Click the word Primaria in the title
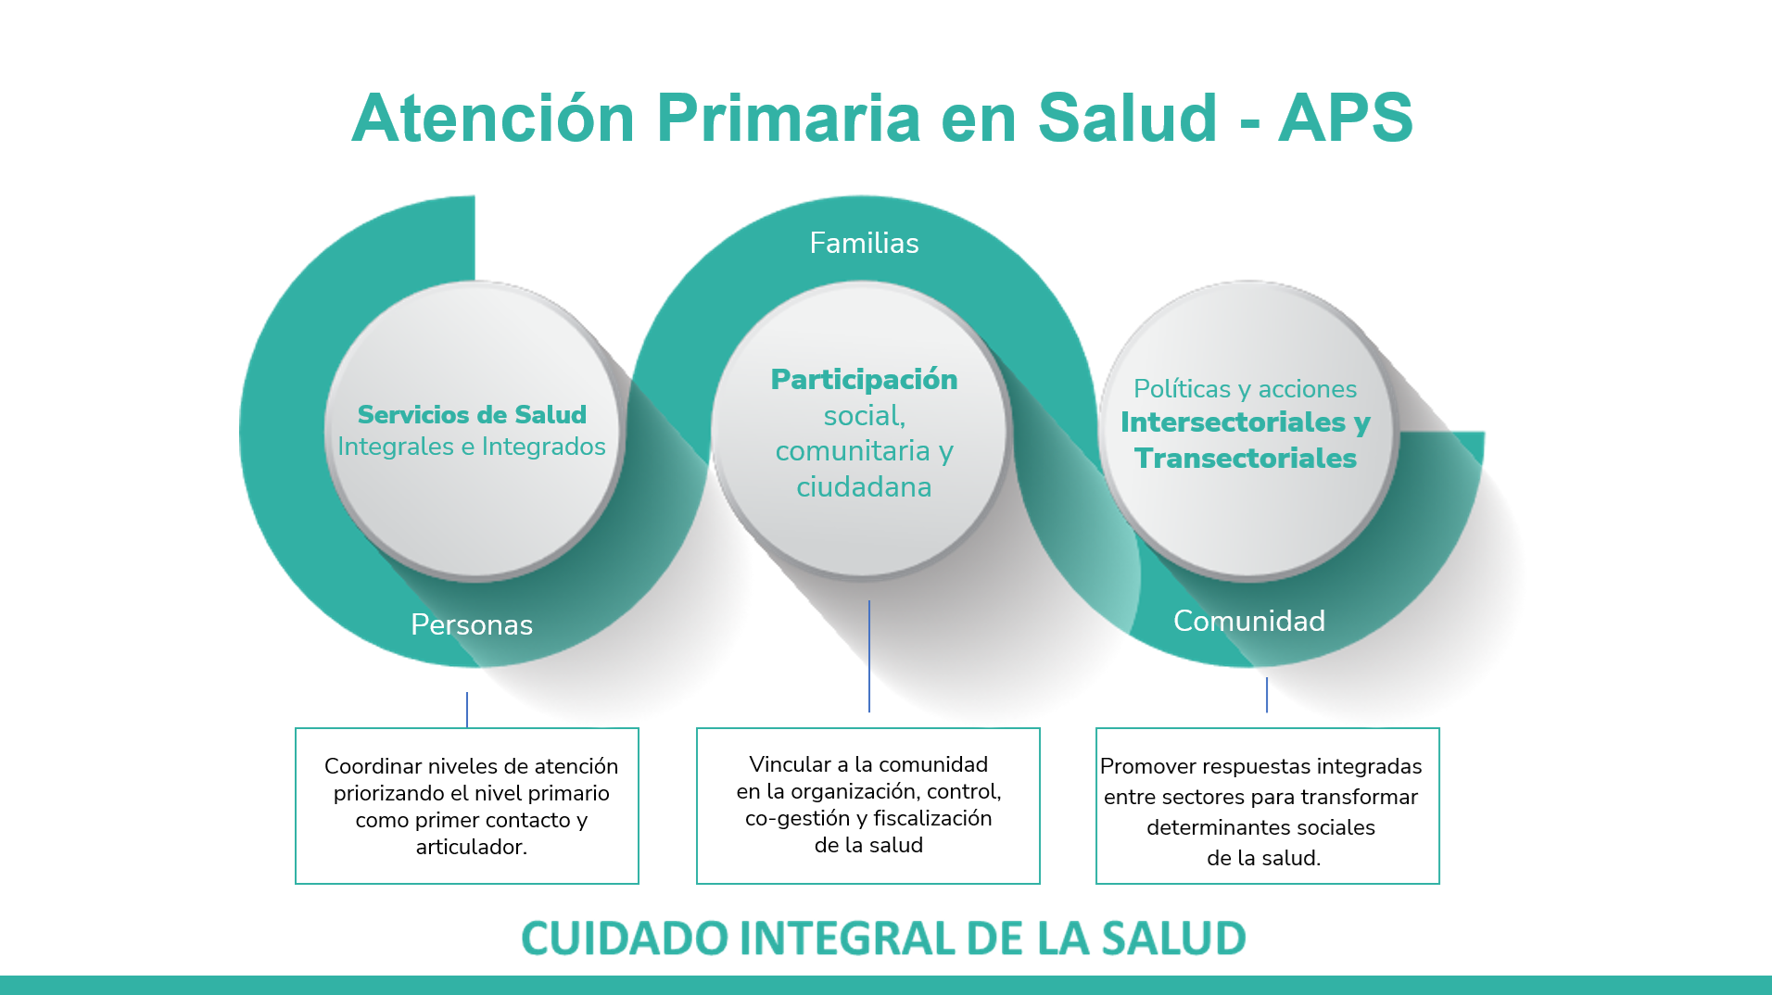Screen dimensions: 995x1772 coord(788,118)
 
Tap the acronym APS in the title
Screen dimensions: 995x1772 coord(1345,118)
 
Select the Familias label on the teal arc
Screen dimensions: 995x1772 coord(864,243)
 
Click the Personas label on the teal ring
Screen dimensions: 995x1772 coord(472,624)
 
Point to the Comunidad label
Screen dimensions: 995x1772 coord(1248,621)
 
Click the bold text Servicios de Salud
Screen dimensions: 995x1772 coord(472,414)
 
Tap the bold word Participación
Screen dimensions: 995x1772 coord(864,379)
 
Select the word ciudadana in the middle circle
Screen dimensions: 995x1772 coord(864,486)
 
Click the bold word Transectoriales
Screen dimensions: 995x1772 coord(1246,458)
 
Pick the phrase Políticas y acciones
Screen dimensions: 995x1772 coord(1245,388)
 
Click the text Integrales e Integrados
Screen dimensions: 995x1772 coord(472,447)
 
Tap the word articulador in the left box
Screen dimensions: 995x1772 coord(470,847)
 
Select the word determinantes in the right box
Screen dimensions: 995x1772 coord(1204,827)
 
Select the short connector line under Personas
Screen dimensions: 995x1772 coord(467,710)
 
